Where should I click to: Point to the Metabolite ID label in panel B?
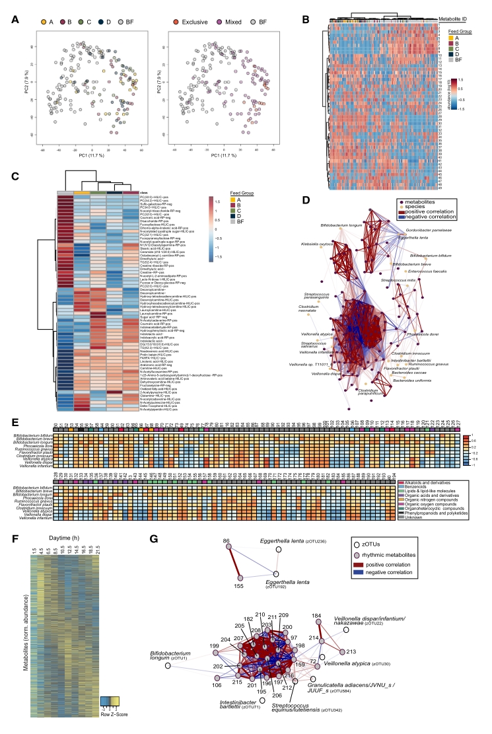pyautogui.click(x=456, y=20)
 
